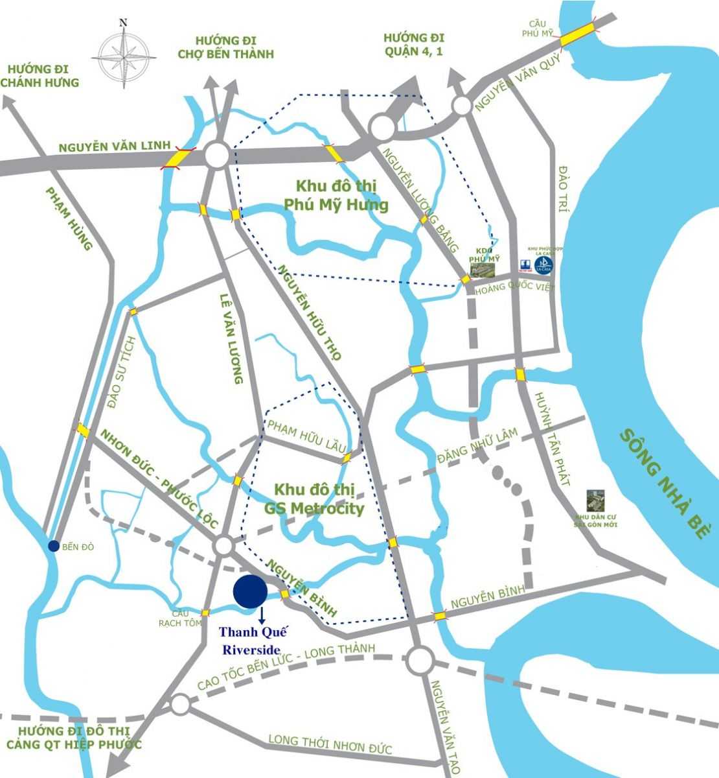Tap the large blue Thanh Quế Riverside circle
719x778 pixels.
250,591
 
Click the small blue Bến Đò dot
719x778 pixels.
54,546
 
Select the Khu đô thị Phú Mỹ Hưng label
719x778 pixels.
336,196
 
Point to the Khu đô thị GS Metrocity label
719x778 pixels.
314,499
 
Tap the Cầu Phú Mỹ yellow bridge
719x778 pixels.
578,34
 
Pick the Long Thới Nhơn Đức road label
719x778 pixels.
330,744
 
